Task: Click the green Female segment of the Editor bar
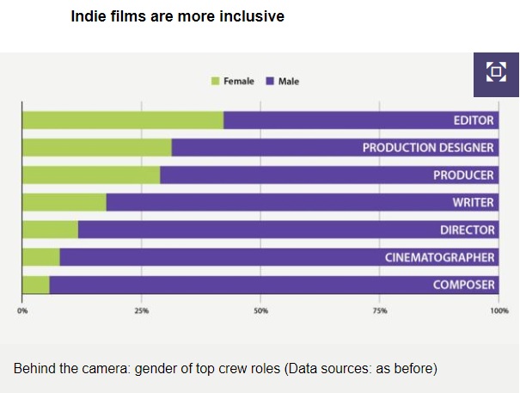tap(122, 120)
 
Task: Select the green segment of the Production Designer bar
tap(96, 148)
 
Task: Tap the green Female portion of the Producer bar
tap(90, 175)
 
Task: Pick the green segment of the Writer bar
tap(64, 203)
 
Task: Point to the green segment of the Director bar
tap(50, 230)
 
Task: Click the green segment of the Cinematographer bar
tap(40, 257)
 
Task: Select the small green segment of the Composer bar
tap(35, 285)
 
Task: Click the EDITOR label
tap(474, 120)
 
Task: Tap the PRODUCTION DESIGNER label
tap(428, 148)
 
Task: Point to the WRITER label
tap(473, 203)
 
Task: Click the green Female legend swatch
tap(215, 82)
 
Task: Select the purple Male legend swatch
tap(270, 82)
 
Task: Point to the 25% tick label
tap(141, 310)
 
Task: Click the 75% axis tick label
tap(379, 310)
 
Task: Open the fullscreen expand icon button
tap(496, 71)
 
